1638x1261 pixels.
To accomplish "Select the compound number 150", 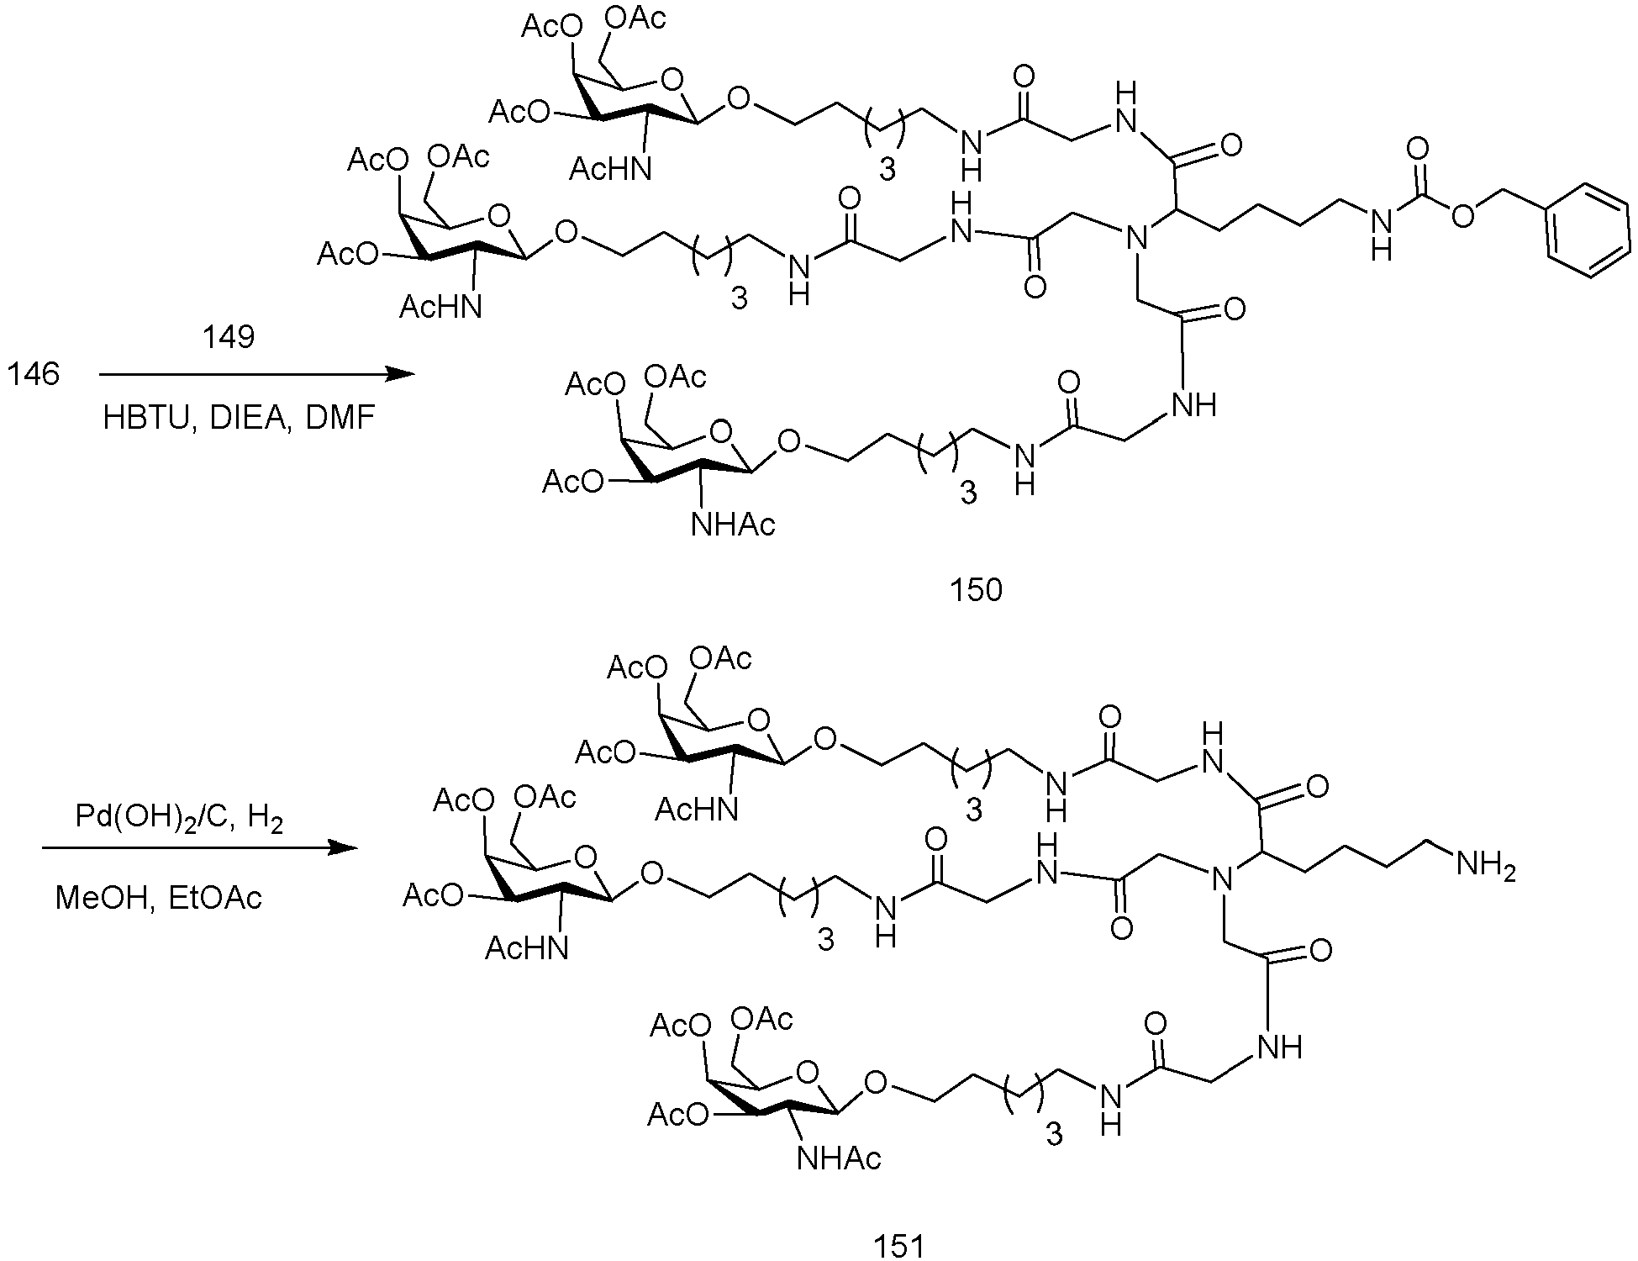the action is [x=976, y=590].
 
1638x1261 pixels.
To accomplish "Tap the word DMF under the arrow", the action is [x=340, y=418].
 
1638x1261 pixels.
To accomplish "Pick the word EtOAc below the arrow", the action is [x=214, y=898].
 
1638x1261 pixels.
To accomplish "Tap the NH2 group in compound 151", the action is [x=1487, y=865].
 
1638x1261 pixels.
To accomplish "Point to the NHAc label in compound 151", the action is [x=838, y=1159].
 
